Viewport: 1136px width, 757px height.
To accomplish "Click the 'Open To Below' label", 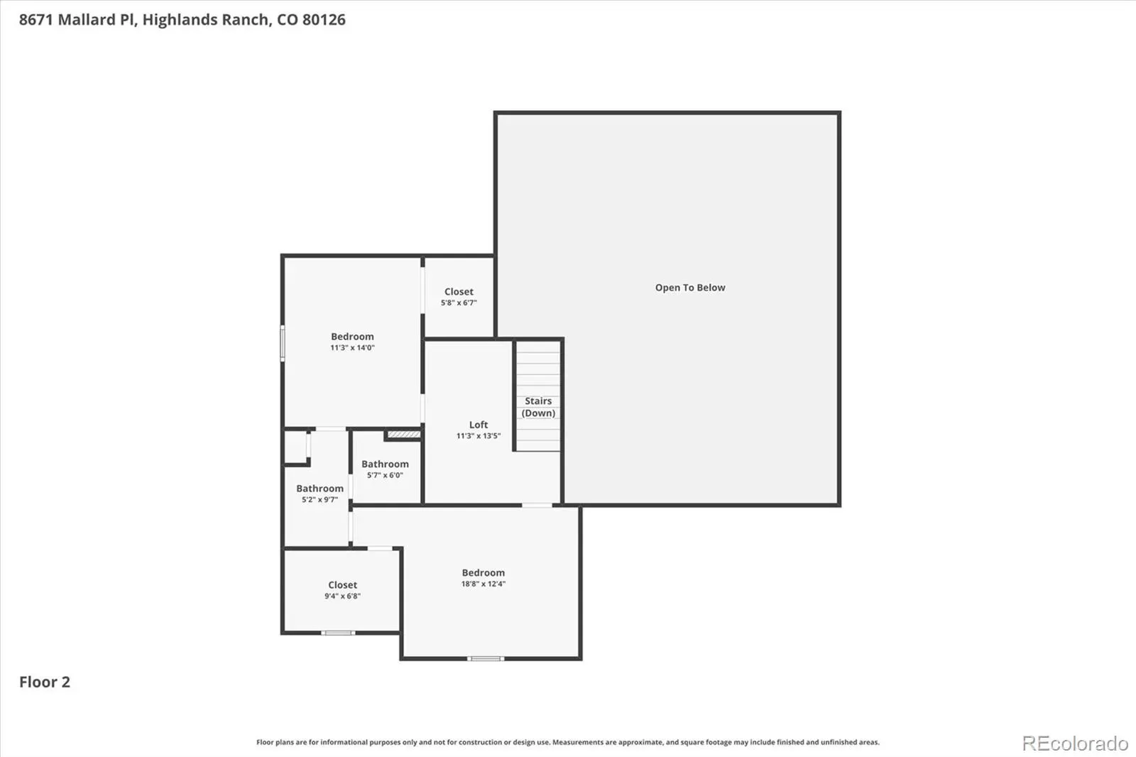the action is pos(689,288).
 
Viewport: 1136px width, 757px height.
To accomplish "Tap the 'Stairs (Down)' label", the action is pos(538,407).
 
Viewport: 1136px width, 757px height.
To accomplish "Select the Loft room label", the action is pos(479,425).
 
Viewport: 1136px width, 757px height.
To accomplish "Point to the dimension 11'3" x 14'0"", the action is pos(352,347).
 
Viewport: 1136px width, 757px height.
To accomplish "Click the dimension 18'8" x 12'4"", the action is pos(484,584).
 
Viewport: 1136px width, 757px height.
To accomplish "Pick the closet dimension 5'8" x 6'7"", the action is pos(459,303).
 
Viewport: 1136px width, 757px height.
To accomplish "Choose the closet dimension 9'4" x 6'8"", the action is pos(342,597).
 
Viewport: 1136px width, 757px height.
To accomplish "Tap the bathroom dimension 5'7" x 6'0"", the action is pos(385,475).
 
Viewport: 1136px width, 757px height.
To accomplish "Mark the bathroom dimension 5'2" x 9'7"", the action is pos(319,500).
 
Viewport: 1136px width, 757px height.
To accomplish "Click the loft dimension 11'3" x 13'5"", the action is pos(479,436).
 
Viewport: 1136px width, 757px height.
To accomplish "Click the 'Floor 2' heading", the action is pos(45,682).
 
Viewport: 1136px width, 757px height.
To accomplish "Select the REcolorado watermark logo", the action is pos(1075,744).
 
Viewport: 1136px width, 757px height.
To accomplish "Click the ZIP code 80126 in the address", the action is pos(324,19).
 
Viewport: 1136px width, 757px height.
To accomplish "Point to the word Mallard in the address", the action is pos(86,19).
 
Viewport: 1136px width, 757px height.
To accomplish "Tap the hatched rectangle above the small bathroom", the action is pos(404,435).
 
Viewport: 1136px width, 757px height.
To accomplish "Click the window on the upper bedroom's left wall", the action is pos(283,344).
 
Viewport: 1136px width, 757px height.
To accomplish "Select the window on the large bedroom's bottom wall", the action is pos(486,658).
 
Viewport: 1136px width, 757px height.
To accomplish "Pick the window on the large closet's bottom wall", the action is pos(338,633).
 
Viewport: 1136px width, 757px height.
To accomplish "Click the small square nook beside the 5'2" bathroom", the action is pos(295,447).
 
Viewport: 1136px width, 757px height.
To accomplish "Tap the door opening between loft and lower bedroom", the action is pos(537,506).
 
